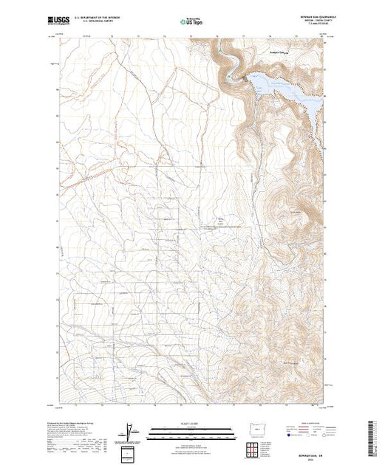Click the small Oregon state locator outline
click(253, 428)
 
